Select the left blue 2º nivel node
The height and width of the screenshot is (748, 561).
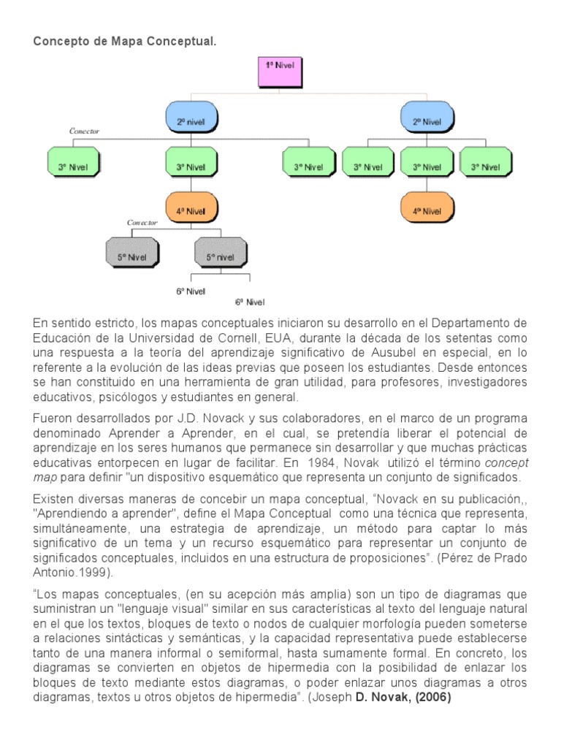click(192, 121)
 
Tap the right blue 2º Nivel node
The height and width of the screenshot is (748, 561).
click(427, 121)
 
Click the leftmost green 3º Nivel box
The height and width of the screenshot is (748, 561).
click(72, 167)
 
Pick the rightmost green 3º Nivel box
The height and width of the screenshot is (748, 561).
click(484, 167)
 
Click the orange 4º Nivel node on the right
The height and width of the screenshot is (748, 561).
click(427, 210)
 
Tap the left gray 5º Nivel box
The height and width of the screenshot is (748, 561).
click(131, 256)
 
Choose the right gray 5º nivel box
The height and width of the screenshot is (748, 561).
click(219, 256)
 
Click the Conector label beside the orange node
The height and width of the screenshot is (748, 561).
click(142, 222)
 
